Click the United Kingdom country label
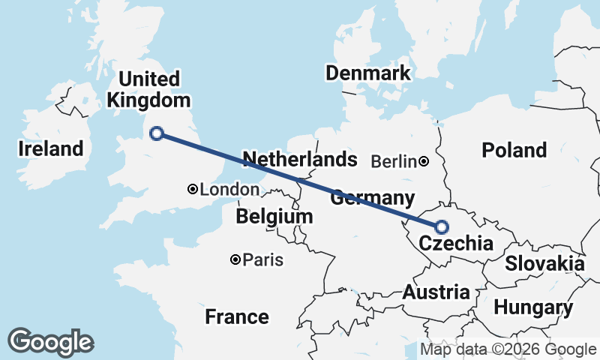click(x=148, y=90)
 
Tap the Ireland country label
click(x=51, y=148)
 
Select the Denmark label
click(x=367, y=73)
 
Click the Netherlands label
click(x=300, y=159)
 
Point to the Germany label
click(x=373, y=199)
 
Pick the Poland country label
click(x=514, y=150)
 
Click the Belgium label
click(x=274, y=217)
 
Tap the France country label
click(x=237, y=316)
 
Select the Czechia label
click(x=456, y=244)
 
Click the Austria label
click(x=436, y=292)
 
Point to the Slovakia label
click(x=544, y=263)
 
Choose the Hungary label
click(x=533, y=307)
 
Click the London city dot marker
click(x=193, y=190)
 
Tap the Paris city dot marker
click(x=236, y=260)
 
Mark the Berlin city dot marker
click(x=424, y=161)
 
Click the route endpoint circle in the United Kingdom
click(x=157, y=133)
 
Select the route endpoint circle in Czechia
click(x=442, y=226)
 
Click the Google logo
click(x=50, y=342)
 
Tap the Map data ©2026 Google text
click(x=508, y=349)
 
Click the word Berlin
click(x=394, y=161)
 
